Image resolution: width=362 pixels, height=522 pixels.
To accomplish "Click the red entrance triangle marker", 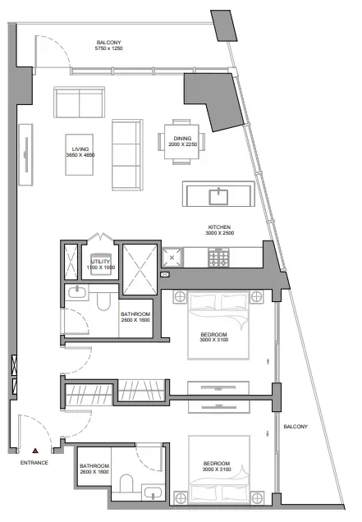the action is [x=35, y=451].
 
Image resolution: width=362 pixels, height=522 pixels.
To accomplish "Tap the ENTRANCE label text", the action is [x=34, y=462].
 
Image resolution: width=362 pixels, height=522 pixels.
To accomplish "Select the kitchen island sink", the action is [x=218, y=196].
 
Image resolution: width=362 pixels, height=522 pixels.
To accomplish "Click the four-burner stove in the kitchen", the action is [x=218, y=258].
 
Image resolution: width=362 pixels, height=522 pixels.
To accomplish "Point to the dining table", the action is [x=181, y=141].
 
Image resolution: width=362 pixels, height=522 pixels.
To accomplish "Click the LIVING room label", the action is [x=80, y=149].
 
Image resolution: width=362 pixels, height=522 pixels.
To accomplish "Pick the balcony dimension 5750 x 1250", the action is [x=109, y=48].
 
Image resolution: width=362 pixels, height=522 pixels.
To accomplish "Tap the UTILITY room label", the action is [x=100, y=262].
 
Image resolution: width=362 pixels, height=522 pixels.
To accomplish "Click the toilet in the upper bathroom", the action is [x=103, y=301].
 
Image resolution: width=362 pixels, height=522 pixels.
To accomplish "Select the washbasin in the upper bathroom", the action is [x=77, y=292].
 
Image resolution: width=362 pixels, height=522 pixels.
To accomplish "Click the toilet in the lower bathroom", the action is [x=126, y=483].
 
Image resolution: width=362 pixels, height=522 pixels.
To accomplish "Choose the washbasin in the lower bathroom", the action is [x=152, y=492].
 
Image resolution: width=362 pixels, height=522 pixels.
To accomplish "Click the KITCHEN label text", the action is [x=219, y=227].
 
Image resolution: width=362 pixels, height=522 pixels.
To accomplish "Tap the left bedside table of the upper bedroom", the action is [x=180, y=296].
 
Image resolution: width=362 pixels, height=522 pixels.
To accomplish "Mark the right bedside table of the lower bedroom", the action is [x=258, y=498].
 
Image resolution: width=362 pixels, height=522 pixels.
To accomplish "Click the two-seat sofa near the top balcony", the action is [x=80, y=103].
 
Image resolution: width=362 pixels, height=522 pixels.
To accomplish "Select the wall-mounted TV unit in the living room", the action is [x=25, y=154].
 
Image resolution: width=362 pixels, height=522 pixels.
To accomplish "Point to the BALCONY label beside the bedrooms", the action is [x=296, y=427].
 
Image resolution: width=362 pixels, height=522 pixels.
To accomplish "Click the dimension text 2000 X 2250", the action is [x=182, y=144].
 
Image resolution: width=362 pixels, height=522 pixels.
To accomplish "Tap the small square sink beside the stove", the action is [x=172, y=258].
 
